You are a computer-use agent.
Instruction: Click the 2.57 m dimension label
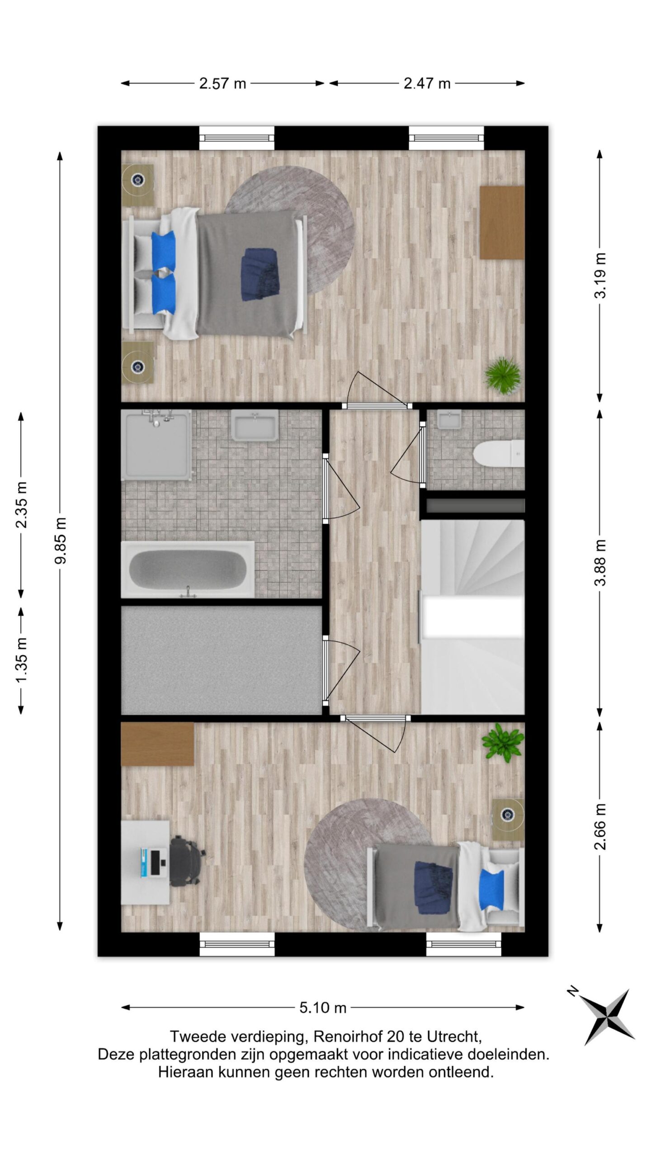click(222, 84)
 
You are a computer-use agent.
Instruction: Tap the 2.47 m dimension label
click(427, 84)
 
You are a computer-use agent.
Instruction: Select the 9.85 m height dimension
click(60, 541)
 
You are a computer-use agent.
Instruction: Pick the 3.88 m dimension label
click(600, 563)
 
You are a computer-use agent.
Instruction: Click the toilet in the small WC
click(499, 454)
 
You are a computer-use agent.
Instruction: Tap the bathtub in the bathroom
click(188, 570)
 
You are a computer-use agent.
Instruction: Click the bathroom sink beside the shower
click(255, 425)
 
